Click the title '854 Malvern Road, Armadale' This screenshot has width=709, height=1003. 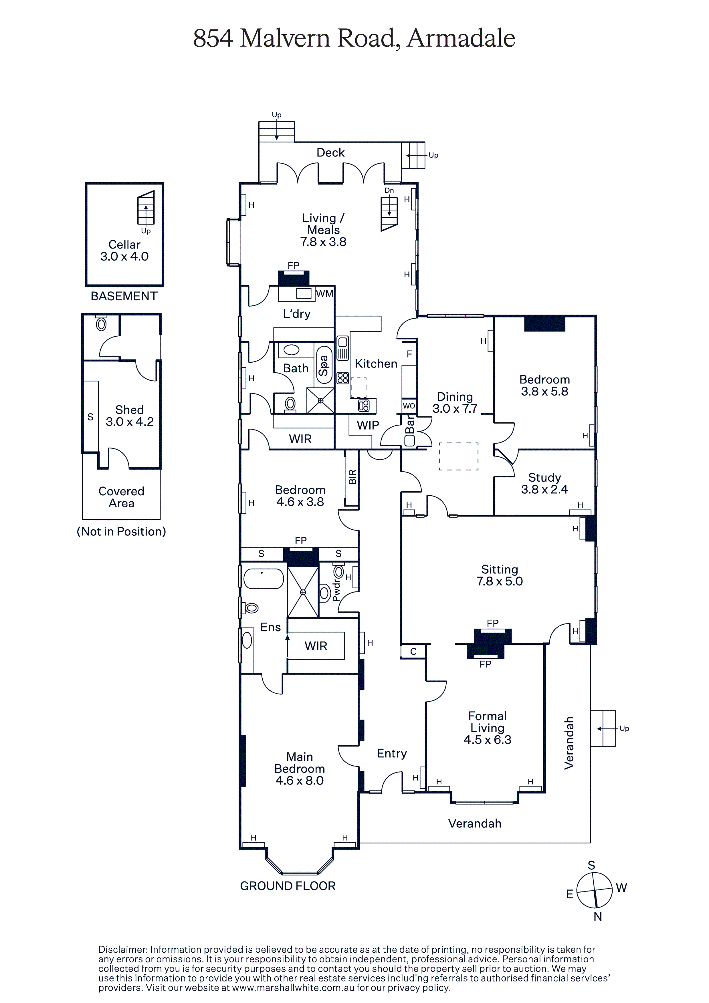(x=354, y=38)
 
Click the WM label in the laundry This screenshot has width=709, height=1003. (x=324, y=293)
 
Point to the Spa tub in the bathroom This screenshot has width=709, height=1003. (x=324, y=365)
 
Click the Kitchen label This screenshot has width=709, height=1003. (x=376, y=364)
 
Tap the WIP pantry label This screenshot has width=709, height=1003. (x=368, y=425)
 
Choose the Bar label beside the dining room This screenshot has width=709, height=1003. (x=409, y=424)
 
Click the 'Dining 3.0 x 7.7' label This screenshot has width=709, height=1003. (x=455, y=402)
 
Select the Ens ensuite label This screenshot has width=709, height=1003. (x=271, y=627)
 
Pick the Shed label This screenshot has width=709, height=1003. (x=129, y=410)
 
